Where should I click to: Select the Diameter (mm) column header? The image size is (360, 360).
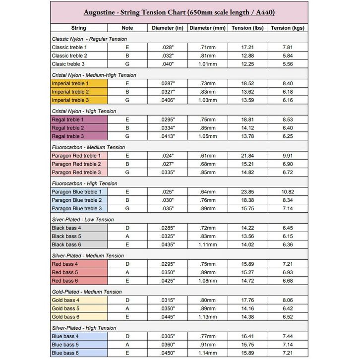[x=207, y=28]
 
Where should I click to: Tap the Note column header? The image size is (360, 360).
[x=127, y=28]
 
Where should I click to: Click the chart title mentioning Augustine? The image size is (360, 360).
[x=179, y=12]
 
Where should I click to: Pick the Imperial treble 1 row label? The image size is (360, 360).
[x=70, y=84]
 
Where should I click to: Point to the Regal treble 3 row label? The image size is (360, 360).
[x=68, y=136]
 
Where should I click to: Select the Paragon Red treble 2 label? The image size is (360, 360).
[x=76, y=164]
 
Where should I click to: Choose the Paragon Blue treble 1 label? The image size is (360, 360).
[x=77, y=192]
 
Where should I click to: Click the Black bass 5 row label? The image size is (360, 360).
[x=66, y=237]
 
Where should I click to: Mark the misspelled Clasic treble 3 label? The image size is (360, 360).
[x=69, y=64]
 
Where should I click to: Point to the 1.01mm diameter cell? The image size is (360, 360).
[x=207, y=64]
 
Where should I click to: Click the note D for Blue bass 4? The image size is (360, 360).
[x=127, y=337]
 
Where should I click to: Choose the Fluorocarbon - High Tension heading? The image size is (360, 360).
[x=84, y=183]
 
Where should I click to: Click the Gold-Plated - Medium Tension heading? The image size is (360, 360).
[x=87, y=292]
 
